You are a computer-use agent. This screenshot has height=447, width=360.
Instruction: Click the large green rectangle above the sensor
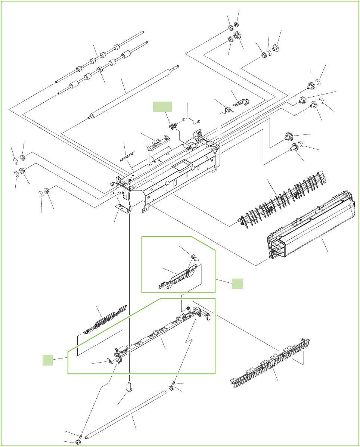[162, 107]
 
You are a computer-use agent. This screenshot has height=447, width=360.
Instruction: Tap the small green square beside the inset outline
[237, 283]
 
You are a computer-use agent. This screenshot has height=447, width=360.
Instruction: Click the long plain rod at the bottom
[125, 414]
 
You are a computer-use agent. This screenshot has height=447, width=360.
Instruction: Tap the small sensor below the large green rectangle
[173, 127]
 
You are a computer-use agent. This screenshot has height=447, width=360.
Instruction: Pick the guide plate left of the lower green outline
[105, 320]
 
